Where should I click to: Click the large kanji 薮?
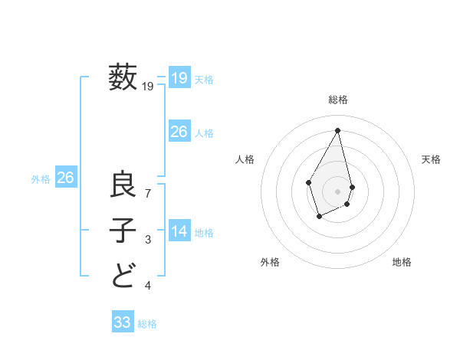(123, 77)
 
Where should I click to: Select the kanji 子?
(123, 230)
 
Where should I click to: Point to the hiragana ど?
(123, 274)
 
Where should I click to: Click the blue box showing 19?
(179, 77)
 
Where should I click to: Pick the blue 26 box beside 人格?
(179, 132)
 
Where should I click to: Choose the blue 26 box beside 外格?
(65, 178)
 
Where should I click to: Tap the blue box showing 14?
(179, 231)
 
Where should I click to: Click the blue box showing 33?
(122, 322)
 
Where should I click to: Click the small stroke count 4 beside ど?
(148, 286)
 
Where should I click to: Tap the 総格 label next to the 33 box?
(147, 324)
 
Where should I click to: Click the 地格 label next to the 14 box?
(204, 233)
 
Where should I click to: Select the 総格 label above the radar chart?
(338, 100)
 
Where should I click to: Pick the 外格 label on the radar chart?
(270, 262)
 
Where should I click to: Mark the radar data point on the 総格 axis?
(338, 129)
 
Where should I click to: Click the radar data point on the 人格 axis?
(309, 182)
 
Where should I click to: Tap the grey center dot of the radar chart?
(338, 191)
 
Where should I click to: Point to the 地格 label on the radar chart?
(402, 262)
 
